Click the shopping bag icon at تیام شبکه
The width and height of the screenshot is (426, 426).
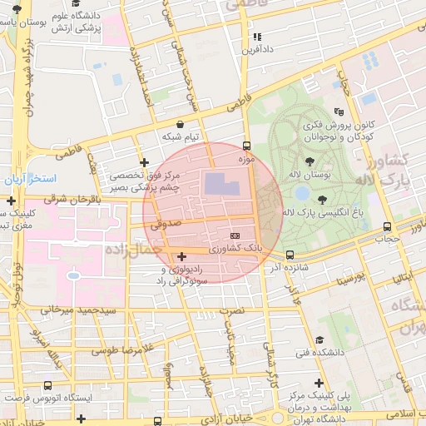coord(180,124)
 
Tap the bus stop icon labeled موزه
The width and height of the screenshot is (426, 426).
coord(245,146)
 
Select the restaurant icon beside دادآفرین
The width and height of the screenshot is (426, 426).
coord(257,37)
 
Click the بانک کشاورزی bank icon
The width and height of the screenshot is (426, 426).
coord(235,235)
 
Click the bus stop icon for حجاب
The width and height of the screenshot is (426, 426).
coord(387,226)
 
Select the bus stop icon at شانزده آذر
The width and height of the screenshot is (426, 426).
coord(290,255)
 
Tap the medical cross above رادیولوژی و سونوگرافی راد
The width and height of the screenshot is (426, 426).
coord(182,255)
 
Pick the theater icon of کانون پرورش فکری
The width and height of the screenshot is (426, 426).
coord(338,111)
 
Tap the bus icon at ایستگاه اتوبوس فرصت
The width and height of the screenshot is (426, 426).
coord(47,385)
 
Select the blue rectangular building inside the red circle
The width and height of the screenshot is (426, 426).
coord(220,185)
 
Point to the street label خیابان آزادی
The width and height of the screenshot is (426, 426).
coord(235,416)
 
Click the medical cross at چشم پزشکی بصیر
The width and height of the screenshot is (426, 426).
coord(145,162)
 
